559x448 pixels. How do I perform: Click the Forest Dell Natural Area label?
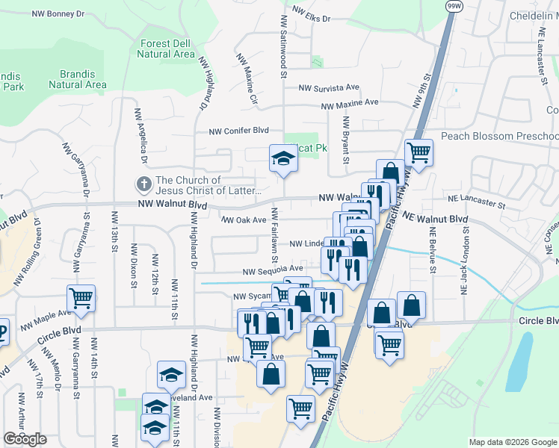click(x=167, y=49)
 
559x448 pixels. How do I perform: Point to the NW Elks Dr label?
click(x=311, y=14)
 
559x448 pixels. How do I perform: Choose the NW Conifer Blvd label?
click(x=238, y=130)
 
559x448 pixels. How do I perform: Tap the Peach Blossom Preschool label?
click(x=499, y=136)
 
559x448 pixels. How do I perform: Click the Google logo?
click(x=25, y=439)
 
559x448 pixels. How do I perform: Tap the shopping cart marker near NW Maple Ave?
click(x=81, y=298)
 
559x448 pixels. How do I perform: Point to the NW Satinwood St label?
click(x=284, y=46)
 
